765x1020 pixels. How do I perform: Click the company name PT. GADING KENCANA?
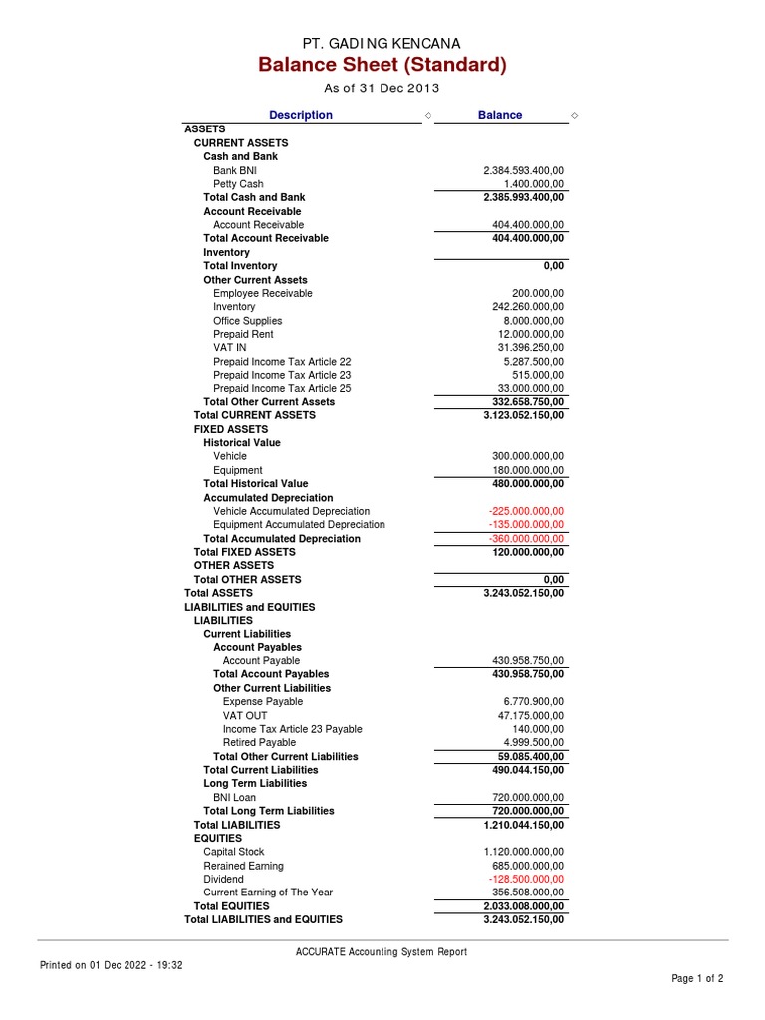coord(382,43)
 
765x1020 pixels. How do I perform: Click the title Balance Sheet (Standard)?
coord(382,66)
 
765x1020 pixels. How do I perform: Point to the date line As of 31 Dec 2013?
coord(382,89)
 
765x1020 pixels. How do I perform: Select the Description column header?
coord(300,115)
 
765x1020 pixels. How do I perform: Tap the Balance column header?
coord(500,115)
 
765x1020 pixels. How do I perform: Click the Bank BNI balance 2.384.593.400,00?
coord(523,170)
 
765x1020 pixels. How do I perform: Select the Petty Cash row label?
coord(238,184)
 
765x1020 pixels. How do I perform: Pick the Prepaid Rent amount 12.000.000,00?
coord(529,334)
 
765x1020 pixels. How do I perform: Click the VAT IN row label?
coord(229,348)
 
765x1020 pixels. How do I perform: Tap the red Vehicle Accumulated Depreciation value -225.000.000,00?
coord(526,511)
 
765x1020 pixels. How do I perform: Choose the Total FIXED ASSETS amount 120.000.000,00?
coord(526,552)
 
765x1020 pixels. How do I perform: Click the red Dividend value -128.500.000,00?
coord(526,880)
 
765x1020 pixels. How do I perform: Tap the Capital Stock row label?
coord(234,852)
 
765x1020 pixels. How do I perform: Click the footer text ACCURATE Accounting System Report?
coord(382,952)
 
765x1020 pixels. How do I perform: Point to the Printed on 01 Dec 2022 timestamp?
coord(111,965)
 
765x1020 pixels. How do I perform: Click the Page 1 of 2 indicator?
coord(697,979)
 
